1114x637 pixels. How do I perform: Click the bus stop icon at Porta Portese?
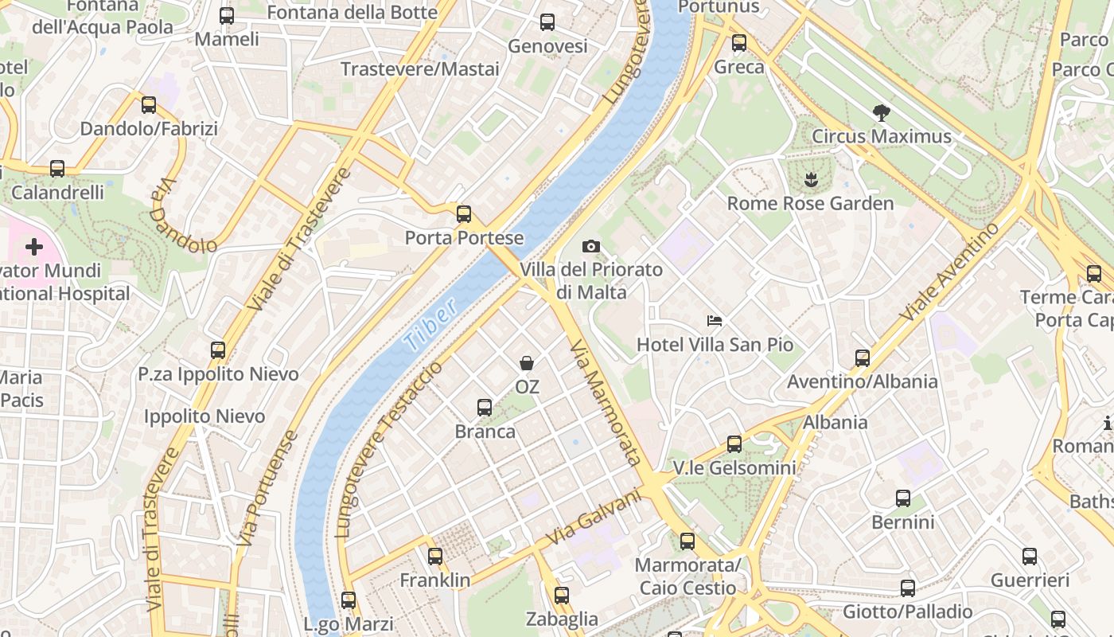464,214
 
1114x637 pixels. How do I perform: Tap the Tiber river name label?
430,326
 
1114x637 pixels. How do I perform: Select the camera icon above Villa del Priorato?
591,247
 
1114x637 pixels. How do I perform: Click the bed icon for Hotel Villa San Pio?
715,321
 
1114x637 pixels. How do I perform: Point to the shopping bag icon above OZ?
527,364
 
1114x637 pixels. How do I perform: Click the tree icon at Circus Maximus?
881,113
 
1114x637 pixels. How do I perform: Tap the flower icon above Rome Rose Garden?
810,180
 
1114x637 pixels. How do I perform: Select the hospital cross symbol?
34,247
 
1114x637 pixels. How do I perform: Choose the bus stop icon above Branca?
484,408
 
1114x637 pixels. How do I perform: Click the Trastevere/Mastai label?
420,69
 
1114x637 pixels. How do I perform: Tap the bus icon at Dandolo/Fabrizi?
149,105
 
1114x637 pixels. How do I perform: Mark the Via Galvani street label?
594,518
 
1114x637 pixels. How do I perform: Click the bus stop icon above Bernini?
902,498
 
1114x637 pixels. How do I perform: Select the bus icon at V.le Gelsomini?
734,444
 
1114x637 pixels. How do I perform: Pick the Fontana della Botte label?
352,13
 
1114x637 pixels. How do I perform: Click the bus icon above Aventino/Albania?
863,358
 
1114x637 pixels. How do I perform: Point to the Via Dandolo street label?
182,214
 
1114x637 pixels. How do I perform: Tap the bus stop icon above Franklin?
434,557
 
